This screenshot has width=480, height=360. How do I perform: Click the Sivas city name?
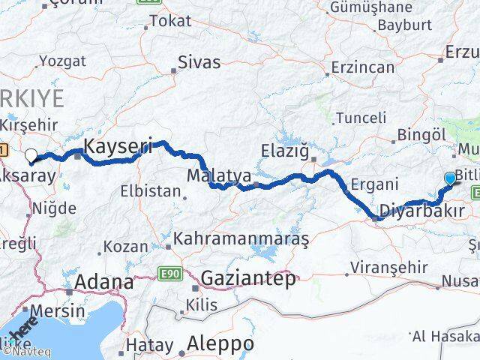200,62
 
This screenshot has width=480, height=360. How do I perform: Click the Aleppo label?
221,343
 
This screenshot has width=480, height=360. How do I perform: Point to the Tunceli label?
361,118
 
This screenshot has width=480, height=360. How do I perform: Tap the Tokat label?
170,21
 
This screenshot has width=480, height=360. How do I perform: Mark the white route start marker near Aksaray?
31,155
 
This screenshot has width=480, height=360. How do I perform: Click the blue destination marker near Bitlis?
449,178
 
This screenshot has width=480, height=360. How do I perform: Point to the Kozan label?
124,246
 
